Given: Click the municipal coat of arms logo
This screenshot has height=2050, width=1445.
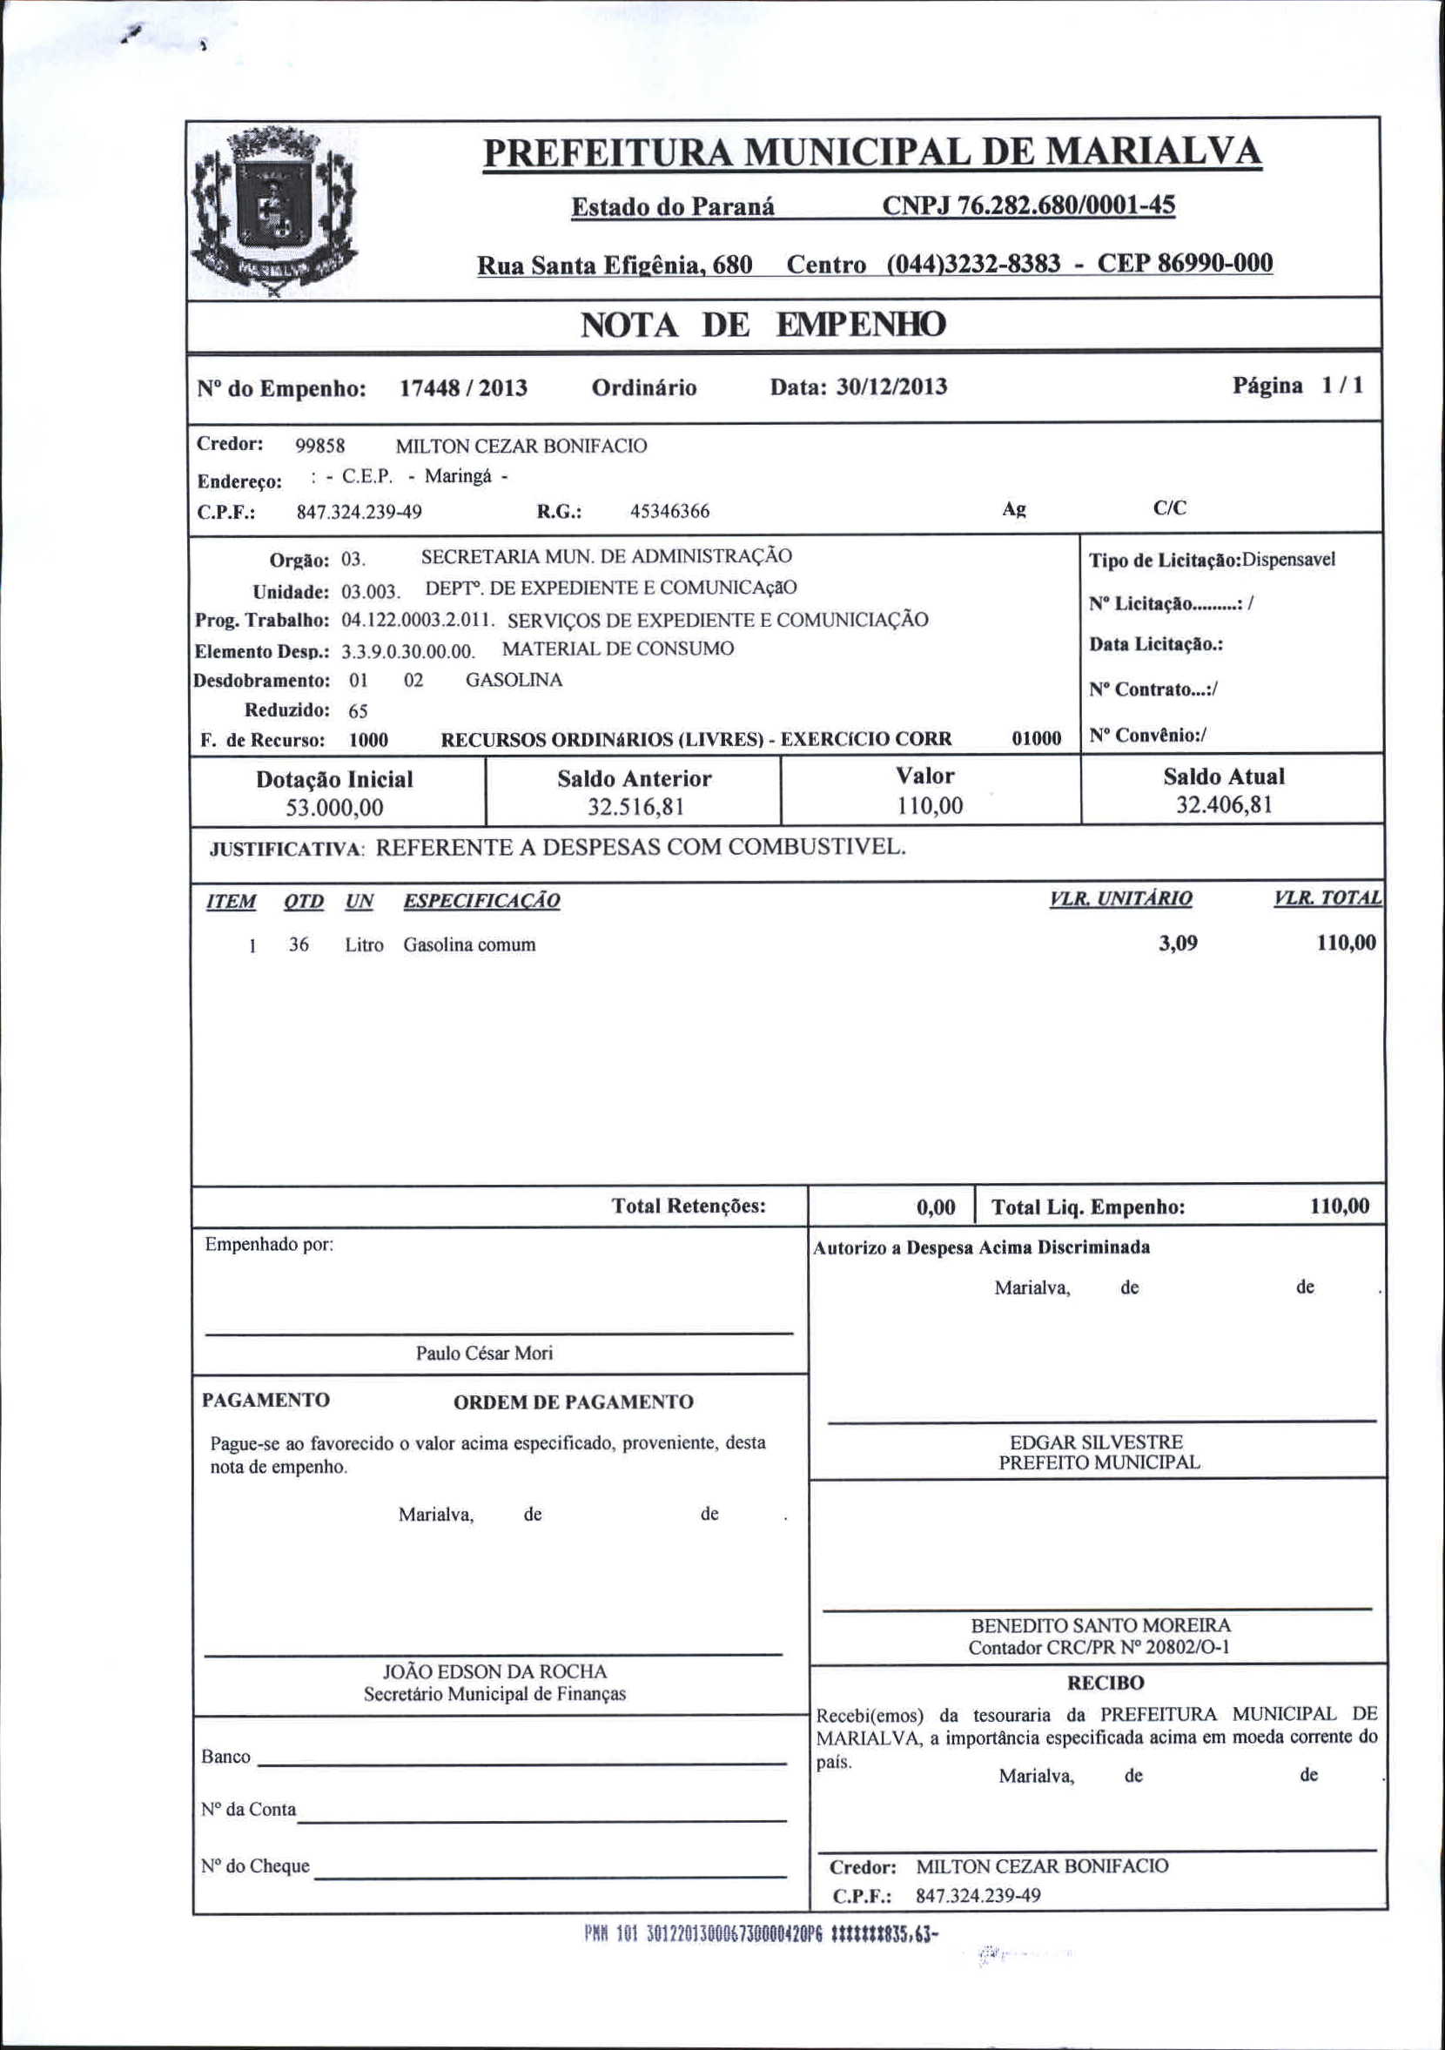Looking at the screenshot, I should (275, 212).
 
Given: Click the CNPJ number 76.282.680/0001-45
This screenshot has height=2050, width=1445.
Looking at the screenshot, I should (1028, 206).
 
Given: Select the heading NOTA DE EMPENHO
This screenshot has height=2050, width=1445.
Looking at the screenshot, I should (763, 325).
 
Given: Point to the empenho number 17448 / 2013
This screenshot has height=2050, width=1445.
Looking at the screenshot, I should (462, 388).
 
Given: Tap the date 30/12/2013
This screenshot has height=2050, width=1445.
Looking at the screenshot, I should (891, 386).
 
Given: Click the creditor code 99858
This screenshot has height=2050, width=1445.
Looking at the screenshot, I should (319, 447).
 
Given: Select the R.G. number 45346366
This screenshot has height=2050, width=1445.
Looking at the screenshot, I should (669, 512).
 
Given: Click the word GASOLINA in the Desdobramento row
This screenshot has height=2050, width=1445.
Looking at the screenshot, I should (514, 681).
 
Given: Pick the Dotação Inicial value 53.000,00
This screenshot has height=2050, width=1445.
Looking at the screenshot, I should (334, 808).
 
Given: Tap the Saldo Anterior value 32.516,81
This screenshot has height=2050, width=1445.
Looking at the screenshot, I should (635, 807).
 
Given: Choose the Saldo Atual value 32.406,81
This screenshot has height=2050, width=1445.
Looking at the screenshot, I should (1224, 805).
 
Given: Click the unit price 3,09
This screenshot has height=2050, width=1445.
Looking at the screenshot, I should (1178, 944).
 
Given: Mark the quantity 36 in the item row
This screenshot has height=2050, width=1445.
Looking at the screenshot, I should (299, 944).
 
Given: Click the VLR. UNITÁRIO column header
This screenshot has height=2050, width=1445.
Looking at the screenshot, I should (1121, 899).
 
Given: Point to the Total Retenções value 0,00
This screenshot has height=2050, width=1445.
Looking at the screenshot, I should (936, 1208).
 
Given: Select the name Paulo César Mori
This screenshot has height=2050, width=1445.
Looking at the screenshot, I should (484, 1354).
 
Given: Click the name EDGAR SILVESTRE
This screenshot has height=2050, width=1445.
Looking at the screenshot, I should (1096, 1442).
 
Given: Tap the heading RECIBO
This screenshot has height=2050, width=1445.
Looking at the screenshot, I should (1105, 1683).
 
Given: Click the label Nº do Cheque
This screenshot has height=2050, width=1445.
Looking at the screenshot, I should (255, 1866).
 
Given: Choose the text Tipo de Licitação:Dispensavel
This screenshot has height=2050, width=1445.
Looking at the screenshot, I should (1212, 561).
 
